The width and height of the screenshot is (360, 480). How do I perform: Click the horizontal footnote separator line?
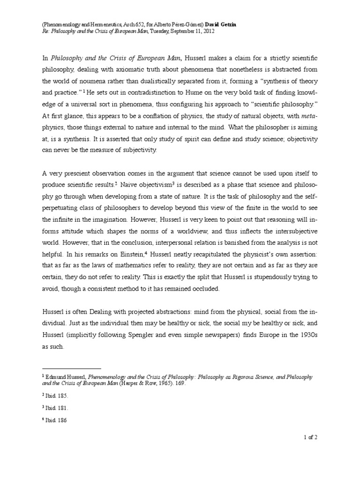click(x=71, y=368)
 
